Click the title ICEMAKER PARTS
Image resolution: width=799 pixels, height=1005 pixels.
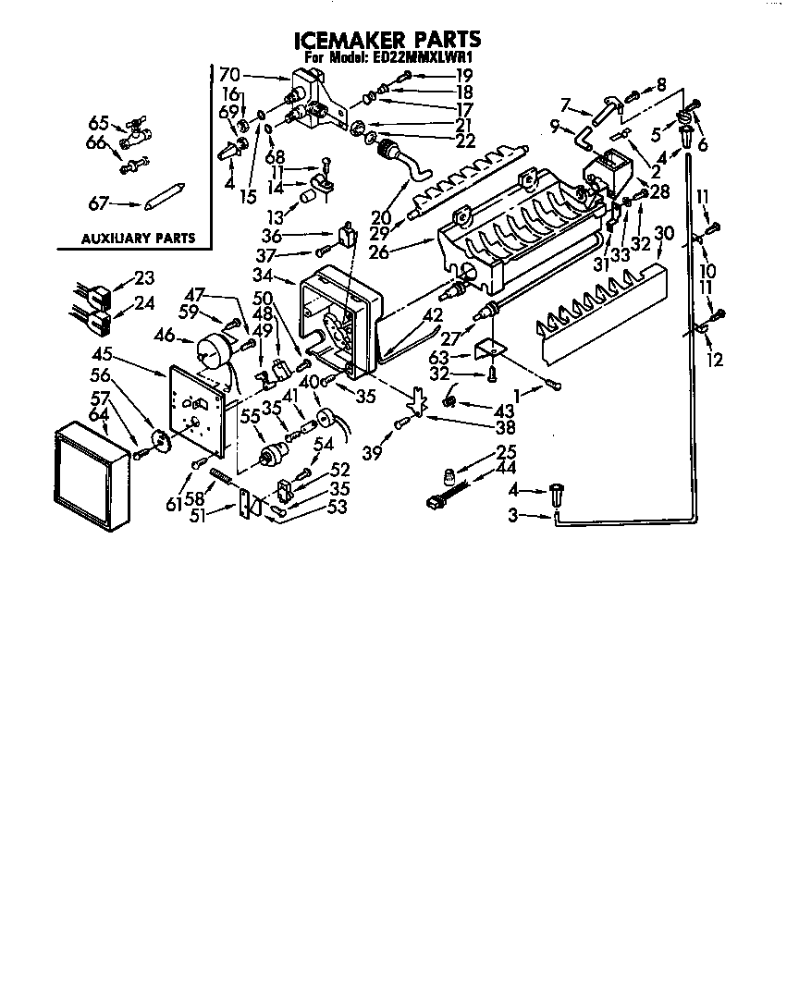(x=387, y=40)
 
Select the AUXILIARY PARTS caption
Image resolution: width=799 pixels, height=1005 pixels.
(x=138, y=239)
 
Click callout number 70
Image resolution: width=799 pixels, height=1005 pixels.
(x=229, y=74)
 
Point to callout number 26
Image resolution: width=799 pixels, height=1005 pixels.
(x=378, y=251)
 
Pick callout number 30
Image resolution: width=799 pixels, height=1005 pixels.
(x=664, y=233)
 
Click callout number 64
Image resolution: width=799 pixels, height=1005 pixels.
(x=98, y=415)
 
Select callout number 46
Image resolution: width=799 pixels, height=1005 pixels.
(x=165, y=334)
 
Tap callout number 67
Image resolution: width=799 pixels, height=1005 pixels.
(x=98, y=203)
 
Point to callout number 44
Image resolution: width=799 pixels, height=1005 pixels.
(x=506, y=468)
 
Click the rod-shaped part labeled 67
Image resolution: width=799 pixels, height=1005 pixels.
(x=165, y=196)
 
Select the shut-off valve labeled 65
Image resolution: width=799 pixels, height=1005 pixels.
(x=137, y=130)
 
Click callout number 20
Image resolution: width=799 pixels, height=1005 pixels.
(x=381, y=218)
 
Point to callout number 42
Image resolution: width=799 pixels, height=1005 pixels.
(x=433, y=314)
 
